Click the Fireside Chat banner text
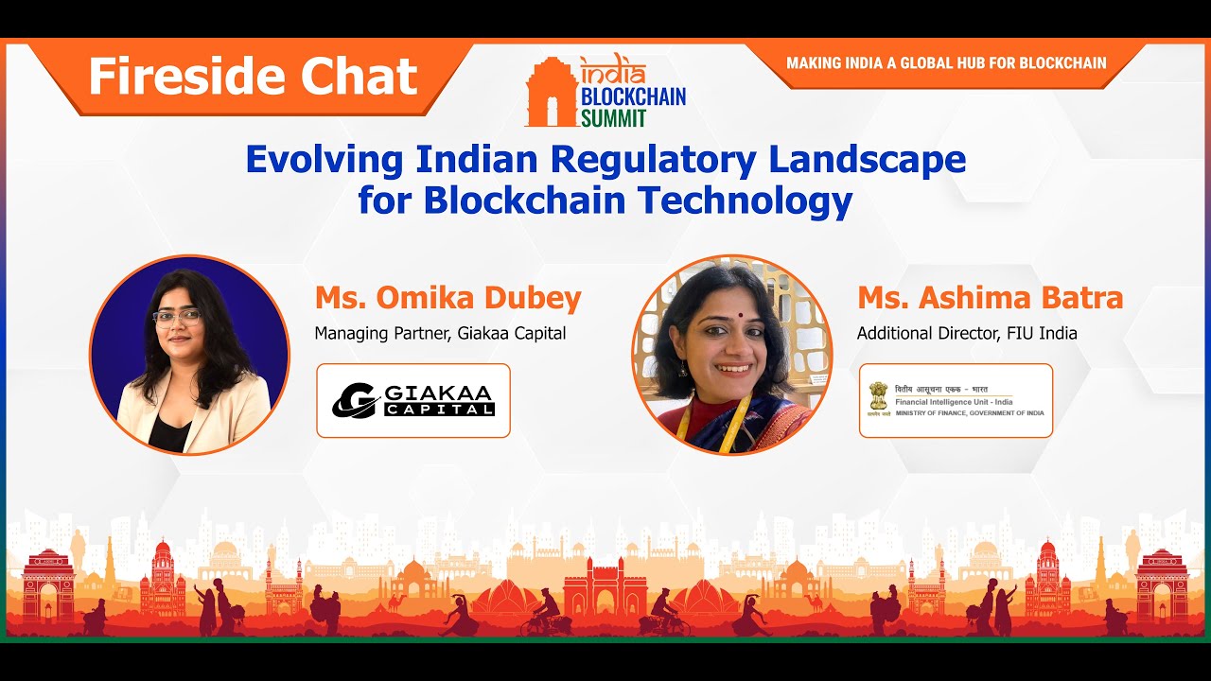click(x=253, y=77)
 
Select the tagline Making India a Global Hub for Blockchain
click(x=946, y=62)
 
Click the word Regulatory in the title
click(x=653, y=159)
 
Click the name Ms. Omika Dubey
click(x=448, y=298)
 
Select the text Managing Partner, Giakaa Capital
click(x=440, y=333)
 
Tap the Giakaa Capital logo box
click(x=413, y=400)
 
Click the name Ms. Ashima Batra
click(x=990, y=298)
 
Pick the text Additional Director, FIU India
click(x=967, y=333)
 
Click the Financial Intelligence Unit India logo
click(x=956, y=400)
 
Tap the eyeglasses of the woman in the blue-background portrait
click(x=177, y=318)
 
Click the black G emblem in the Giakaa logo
click(x=356, y=400)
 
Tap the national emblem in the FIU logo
click(x=880, y=397)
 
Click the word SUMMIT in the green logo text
click(x=614, y=117)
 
